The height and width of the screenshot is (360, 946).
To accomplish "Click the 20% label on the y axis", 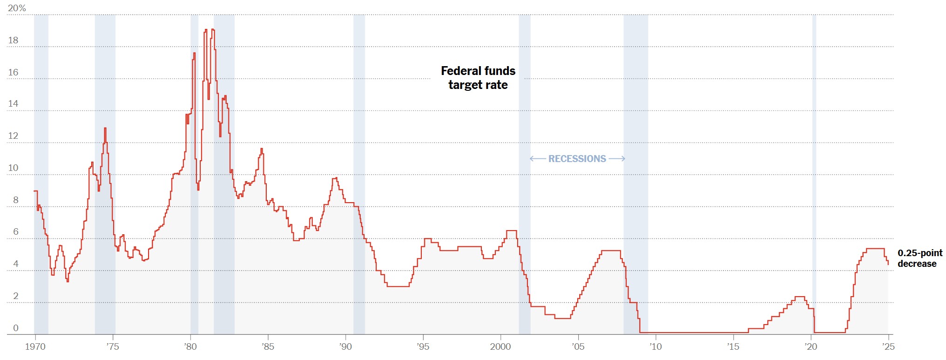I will [17, 8].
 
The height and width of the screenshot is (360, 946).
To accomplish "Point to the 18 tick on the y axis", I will [13, 41].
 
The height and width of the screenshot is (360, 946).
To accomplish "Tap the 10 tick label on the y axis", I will [13, 168].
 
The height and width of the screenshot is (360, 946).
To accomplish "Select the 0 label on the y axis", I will [15, 328].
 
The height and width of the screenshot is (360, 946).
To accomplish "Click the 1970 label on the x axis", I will [35, 346].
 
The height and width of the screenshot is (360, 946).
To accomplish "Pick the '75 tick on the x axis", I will [113, 346].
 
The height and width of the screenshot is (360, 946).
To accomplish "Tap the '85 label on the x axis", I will [268, 346].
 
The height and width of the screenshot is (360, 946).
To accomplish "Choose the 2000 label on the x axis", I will [500, 346].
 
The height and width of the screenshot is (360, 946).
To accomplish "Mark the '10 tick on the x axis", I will [655, 346].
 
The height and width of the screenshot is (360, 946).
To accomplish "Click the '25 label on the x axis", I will [888, 346].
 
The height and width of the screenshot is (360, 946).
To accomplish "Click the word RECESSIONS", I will [577, 159].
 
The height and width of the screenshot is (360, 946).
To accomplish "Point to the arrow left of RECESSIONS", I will [538, 159].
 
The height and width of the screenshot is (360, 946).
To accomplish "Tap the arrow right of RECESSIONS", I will [617, 159].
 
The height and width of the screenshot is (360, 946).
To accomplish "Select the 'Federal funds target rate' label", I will [478, 78].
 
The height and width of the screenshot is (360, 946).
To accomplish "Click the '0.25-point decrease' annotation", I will [919, 258].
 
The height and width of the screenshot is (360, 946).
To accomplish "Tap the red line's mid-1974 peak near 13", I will [105, 129].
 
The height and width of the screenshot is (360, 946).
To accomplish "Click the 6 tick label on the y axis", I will [15, 232].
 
